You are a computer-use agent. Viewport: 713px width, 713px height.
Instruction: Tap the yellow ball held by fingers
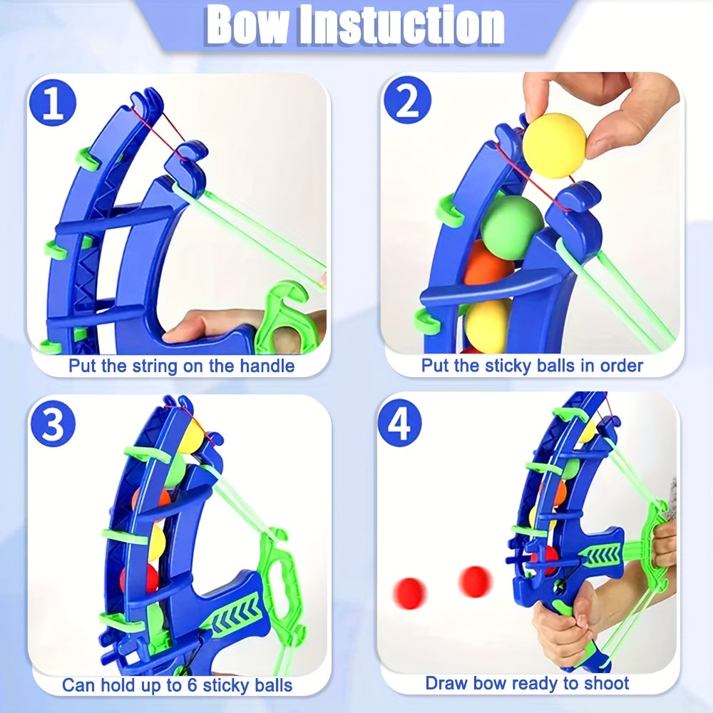(554, 145)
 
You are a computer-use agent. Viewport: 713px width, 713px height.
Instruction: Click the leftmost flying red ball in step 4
(411, 593)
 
